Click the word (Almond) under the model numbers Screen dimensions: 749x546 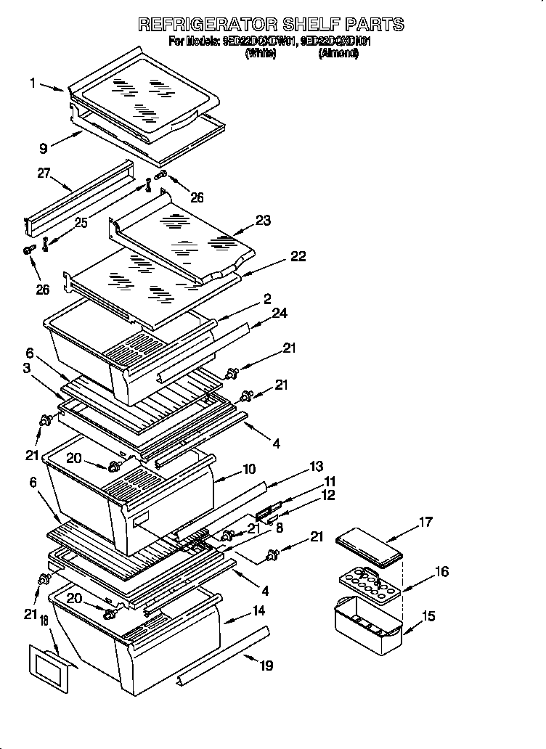[x=338, y=53]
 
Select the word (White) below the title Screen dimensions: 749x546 [x=260, y=53]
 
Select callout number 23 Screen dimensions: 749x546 [x=263, y=221]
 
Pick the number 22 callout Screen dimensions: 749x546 [x=298, y=256]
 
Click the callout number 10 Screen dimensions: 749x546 [x=249, y=469]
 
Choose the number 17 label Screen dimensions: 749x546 [x=425, y=521]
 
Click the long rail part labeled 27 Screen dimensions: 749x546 [x=80, y=197]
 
